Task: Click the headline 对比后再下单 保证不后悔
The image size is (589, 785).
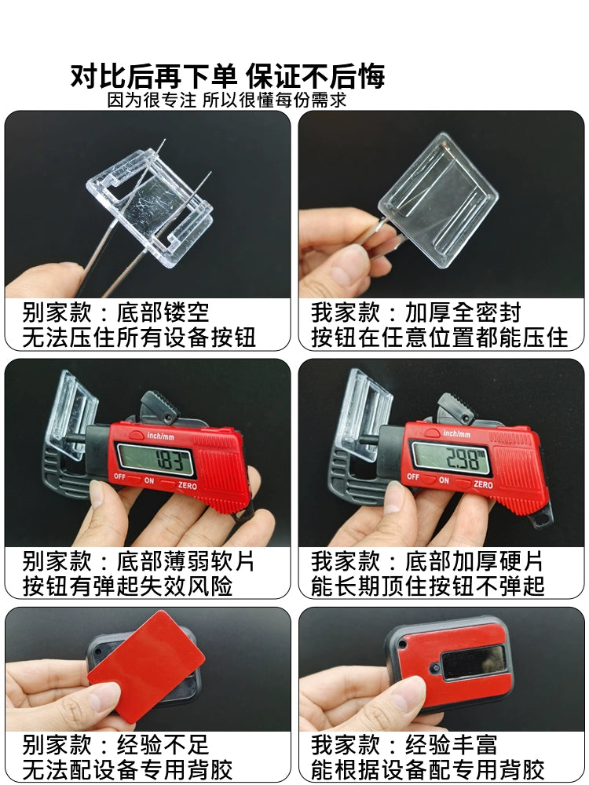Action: click(x=228, y=76)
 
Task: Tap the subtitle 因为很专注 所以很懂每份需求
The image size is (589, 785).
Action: click(x=227, y=100)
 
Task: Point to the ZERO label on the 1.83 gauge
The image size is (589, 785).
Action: click(x=188, y=486)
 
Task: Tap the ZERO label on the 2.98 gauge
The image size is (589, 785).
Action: click(x=483, y=484)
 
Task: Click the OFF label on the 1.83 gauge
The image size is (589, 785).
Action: click(x=119, y=476)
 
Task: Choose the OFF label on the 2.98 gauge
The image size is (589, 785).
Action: click(x=413, y=476)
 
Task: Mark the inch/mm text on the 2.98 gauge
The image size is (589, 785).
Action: click(x=456, y=433)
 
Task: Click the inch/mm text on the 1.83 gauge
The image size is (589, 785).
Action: click(x=161, y=436)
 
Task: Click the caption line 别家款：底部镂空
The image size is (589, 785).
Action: click(x=115, y=312)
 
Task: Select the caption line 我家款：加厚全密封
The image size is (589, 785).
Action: click(x=415, y=312)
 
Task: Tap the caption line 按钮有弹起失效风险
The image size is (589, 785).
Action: click(x=127, y=586)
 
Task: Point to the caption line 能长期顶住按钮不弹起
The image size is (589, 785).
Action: click(x=427, y=586)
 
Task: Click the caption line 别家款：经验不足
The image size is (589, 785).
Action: click(x=115, y=745)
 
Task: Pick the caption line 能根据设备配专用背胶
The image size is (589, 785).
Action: click(x=427, y=769)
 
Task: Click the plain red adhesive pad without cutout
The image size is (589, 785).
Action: click(x=146, y=666)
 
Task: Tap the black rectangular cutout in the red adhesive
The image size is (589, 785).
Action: click(x=473, y=662)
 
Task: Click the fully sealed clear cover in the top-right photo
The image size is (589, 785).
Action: click(x=438, y=199)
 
